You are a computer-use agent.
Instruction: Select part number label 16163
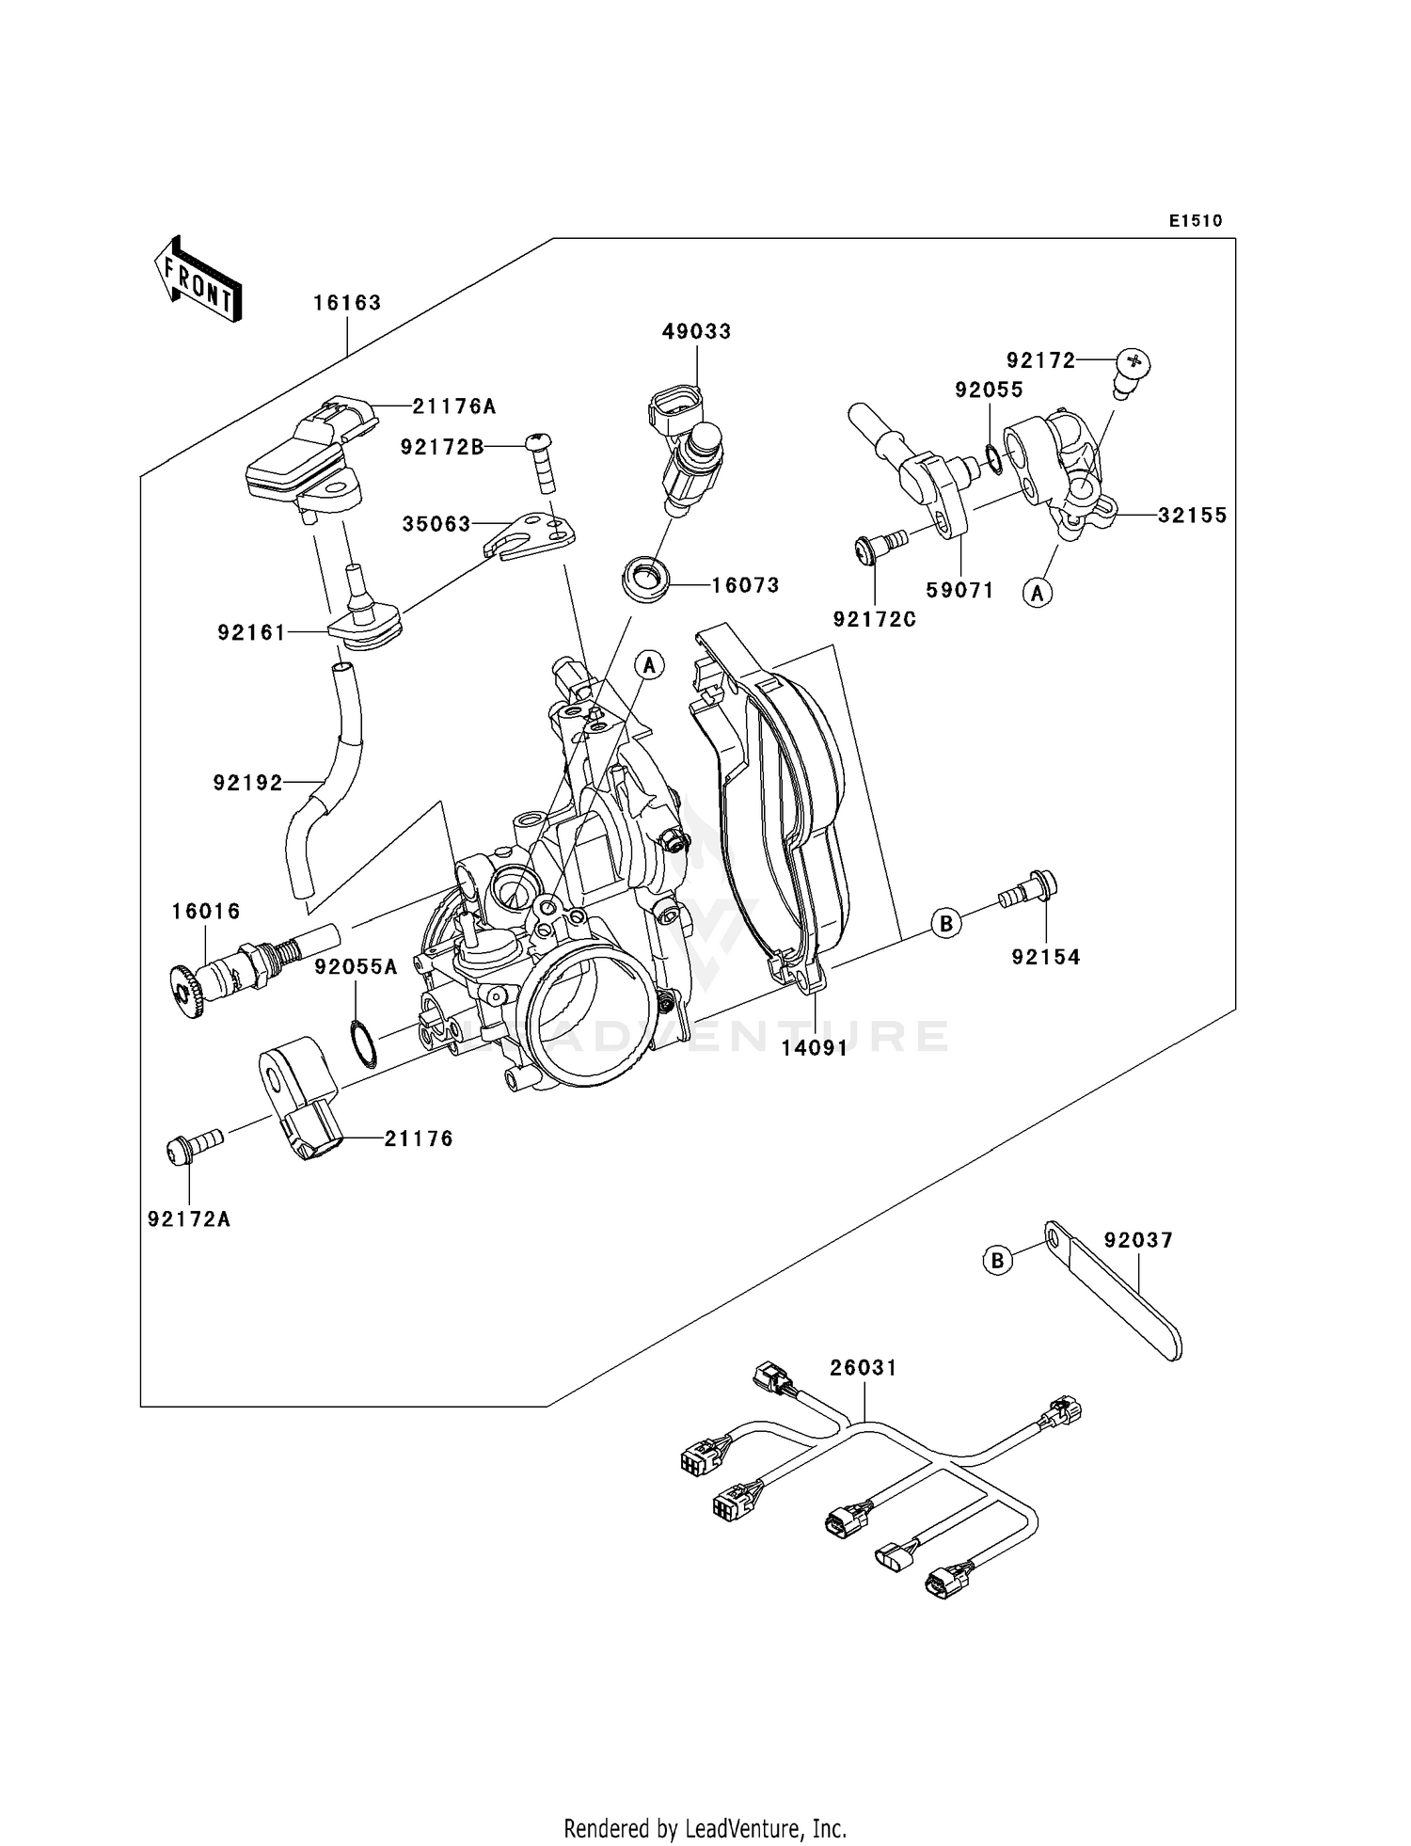click(347, 303)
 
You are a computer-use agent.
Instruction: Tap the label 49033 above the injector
click(696, 331)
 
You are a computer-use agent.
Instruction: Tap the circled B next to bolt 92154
click(946, 923)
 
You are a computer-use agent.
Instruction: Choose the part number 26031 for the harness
click(863, 1367)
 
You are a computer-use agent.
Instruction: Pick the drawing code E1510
click(1196, 220)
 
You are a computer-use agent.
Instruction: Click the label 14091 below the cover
click(815, 1047)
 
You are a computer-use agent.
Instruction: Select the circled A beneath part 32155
click(1038, 592)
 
